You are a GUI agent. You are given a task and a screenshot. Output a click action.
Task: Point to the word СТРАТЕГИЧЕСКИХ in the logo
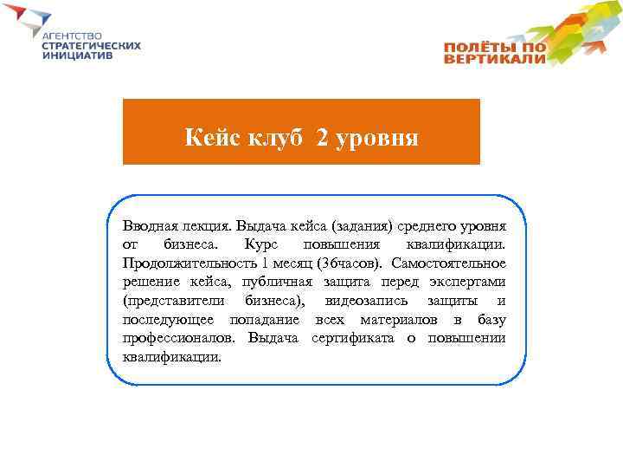click(x=90, y=45)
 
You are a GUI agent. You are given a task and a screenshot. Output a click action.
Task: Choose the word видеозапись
click(x=363, y=301)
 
